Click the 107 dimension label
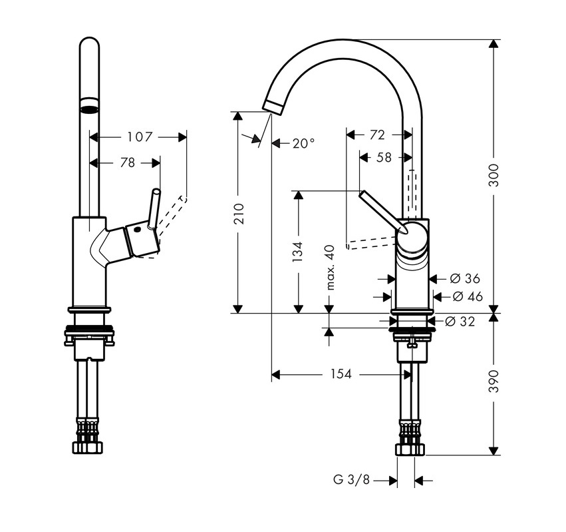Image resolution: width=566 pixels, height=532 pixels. click(x=140, y=137)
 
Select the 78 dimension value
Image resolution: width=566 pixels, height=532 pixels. click(x=126, y=162)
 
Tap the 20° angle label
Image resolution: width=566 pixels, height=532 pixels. click(x=303, y=143)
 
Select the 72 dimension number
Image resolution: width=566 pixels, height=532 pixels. click(x=376, y=135)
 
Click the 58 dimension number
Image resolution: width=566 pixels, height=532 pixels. click(x=384, y=158)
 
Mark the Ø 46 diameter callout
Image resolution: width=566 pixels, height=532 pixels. click(x=468, y=297)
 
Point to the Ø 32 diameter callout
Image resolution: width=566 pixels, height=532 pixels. click(x=460, y=322)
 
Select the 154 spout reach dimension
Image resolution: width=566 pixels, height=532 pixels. click(x=341, y=375)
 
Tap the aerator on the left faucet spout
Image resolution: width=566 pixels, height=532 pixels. click(x=89, y=109)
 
